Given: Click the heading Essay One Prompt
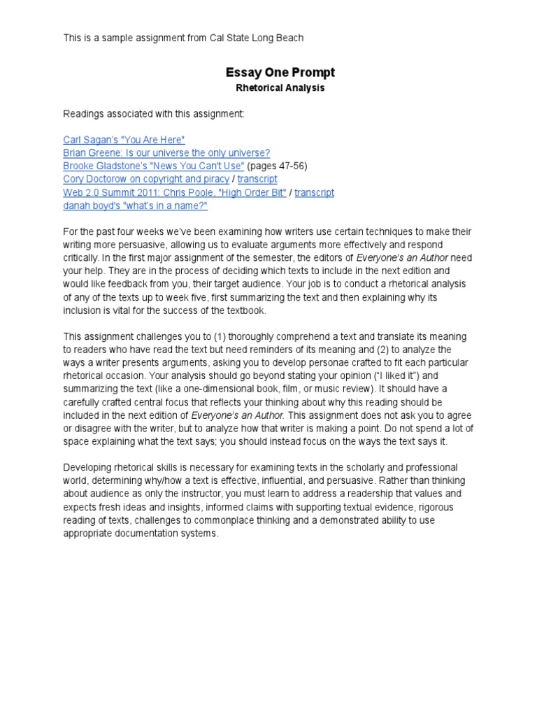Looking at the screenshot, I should [280, 73].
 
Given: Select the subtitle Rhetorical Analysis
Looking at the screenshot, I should [280, 89].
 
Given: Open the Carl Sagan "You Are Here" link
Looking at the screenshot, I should [124, 140].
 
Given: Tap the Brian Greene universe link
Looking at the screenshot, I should [166, 152].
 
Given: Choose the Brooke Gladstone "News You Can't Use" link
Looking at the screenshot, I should [153, 166].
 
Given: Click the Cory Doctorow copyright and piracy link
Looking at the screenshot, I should [146, 179].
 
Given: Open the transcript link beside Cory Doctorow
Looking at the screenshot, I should [257, 179].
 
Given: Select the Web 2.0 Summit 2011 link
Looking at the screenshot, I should [174, 192].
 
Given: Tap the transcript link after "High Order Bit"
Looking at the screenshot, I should [314, 192].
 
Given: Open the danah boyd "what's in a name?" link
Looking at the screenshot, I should [135, 206].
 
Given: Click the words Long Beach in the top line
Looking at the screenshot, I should [280, 38].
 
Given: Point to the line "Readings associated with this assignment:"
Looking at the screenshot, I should [154, 113].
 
